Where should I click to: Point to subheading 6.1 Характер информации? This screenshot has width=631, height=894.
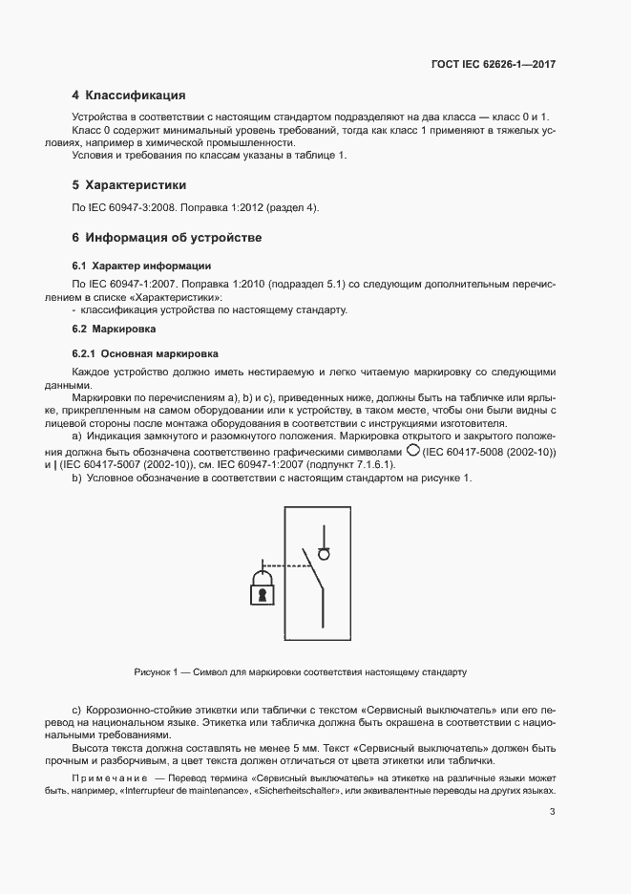pos(141,265)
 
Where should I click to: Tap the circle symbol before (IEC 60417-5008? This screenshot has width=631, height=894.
pos(412,449)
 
